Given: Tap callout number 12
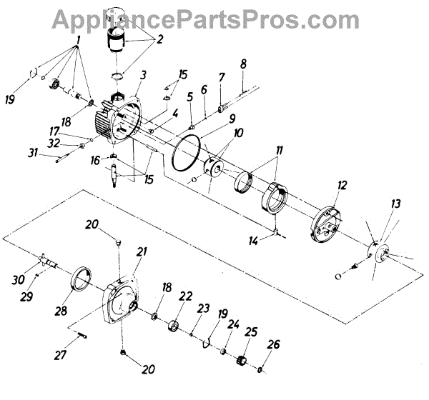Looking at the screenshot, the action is [x=343, y=186].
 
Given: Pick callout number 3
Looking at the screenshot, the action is [x=144, y=74].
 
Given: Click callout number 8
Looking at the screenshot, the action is [x=243, y=64].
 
